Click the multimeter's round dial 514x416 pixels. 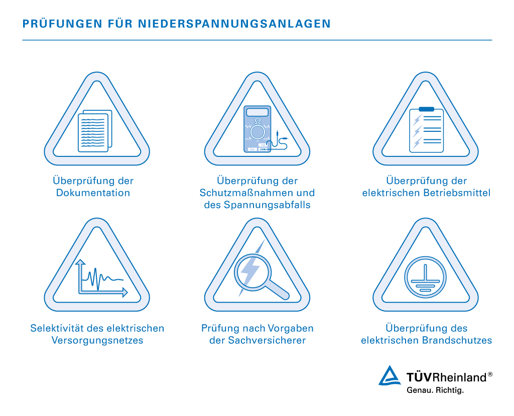[258, 132]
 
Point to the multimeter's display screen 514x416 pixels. [258, 112]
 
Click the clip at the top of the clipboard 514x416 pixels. [426, 109]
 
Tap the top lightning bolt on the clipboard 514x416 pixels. [417, 119]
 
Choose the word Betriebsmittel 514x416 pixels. [455, 193]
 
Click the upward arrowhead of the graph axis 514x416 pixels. [79, 262]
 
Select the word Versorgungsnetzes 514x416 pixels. [97, 340]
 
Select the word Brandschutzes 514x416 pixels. [460, 340]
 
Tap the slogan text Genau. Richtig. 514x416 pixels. [435, 389]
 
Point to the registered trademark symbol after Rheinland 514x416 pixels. [490, 374]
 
